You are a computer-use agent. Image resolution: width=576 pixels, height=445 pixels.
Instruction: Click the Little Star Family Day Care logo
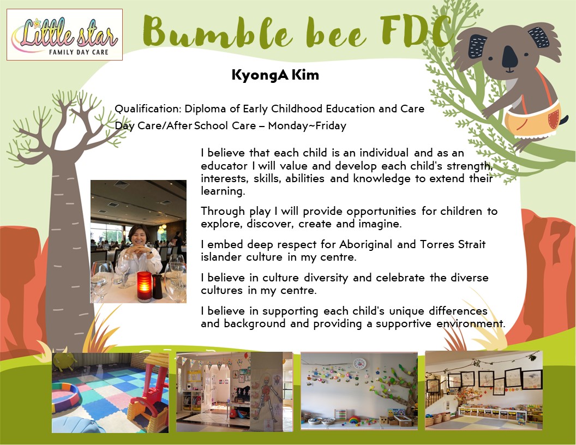point(65,34)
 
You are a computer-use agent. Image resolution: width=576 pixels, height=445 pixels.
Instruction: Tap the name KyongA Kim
point(275,75)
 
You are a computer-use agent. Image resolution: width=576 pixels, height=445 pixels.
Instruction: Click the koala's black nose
point(509,56)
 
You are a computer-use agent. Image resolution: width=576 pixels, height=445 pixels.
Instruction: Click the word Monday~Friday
point(307,126)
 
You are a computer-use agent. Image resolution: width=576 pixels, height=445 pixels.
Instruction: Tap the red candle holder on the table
point(144,286)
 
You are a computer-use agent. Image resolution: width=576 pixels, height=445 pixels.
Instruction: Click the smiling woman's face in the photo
point(139,238)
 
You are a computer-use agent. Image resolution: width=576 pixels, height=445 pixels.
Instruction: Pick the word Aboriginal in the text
point(365,244)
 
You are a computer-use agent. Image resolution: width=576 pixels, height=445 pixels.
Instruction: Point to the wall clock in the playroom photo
point(359,364)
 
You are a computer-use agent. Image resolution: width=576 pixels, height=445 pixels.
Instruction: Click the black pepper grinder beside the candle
point(157,286)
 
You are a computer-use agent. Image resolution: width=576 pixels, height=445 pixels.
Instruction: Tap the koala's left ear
point(478,46)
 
